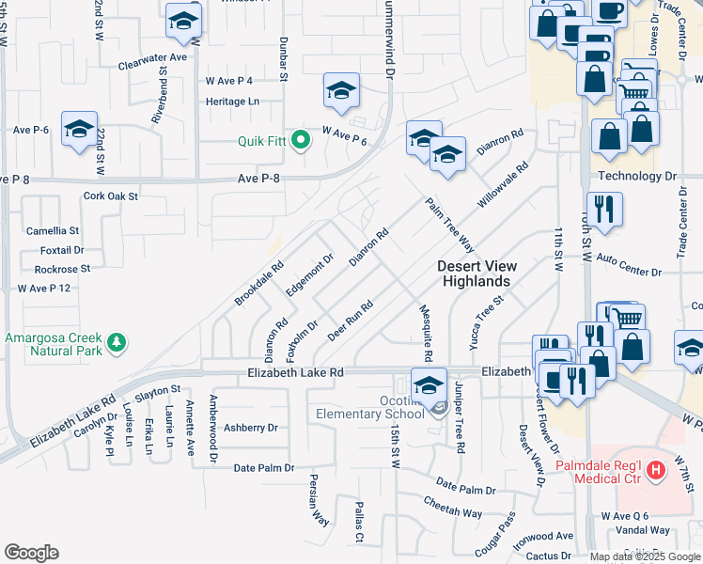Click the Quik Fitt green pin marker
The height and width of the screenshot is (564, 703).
(x=301, y=143)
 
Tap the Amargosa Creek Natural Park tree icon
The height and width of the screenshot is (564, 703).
(x=117, y=343)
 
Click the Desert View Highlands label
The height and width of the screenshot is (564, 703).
(x=477, y=274)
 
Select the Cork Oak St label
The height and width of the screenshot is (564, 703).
(x=111, y=196)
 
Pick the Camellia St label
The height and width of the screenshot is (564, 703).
(x=53, y=230)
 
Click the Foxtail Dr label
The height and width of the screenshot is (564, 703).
(x=62, y=250)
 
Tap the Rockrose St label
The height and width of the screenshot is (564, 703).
(x=61, y=269)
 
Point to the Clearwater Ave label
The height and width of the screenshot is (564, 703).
(x=153, y=57)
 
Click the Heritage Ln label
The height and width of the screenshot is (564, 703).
(x=233, y=101)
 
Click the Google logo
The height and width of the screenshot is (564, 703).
(x=31, y=553)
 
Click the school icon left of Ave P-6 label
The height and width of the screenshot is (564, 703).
(x=79, y=129)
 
